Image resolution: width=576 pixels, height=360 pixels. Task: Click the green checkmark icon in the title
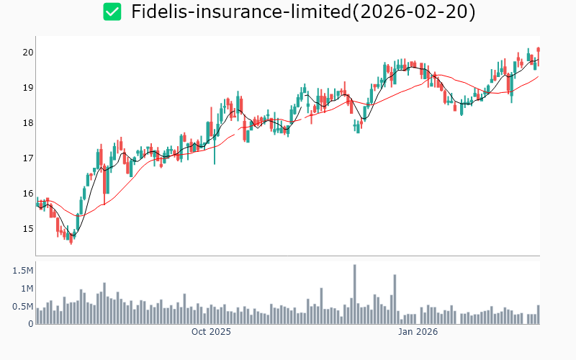point(112,12)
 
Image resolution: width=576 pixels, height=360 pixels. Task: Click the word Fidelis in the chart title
point(158,12)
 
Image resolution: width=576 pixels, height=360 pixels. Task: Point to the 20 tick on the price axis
point(27,53)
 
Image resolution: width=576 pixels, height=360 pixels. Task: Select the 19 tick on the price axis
point(27,88)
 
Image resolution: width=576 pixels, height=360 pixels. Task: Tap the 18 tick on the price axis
point(27,123)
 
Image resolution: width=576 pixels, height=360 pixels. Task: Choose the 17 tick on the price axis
point(27,158)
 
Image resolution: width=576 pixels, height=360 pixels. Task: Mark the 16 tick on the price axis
point(27,194)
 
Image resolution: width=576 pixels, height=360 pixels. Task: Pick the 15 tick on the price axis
point(27,229)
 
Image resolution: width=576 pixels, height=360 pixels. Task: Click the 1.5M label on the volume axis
point(22,271)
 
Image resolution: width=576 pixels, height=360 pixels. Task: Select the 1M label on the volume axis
point(26,289)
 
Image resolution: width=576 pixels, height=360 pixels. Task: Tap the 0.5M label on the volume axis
point(22,307)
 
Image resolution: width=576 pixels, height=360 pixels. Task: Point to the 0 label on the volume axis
point(31,324)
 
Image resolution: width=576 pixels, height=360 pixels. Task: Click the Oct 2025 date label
point(211,332)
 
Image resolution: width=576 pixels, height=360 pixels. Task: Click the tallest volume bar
point(355,294)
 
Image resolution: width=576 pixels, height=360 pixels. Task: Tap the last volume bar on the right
point(538,315)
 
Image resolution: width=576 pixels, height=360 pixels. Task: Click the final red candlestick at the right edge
point(539,50)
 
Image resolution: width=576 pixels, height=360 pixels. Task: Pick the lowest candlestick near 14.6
point(71,238)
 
